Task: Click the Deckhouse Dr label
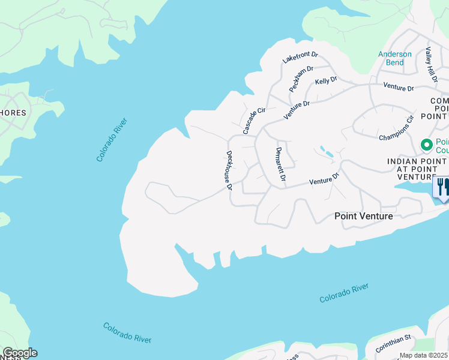pos(229,170)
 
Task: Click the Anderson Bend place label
pos(395,58)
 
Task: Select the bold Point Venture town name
pos(363,216)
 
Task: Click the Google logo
pos(20,353)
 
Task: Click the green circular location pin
pos(427,145)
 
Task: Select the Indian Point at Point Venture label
pos(417,169)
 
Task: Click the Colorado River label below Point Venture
pos(343,293)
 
